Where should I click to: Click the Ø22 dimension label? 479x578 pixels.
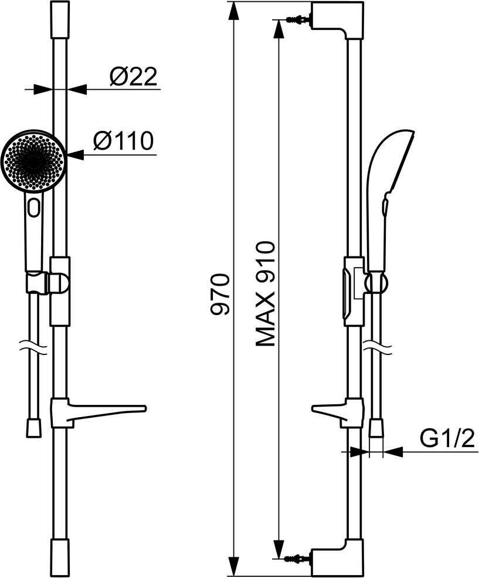[x=134, y=77]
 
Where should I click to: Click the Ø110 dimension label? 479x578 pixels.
[x=123, y=141]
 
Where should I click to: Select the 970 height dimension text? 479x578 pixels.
[x=222, y=295]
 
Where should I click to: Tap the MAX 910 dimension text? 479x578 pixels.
[x=266, y=293]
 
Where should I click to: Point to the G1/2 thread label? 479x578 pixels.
[x=447, y=438]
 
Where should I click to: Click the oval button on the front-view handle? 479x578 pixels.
[x=35, y=207]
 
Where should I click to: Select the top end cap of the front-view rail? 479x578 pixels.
[x=60, y=19]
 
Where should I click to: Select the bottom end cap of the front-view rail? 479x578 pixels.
[x=60, y=557]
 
